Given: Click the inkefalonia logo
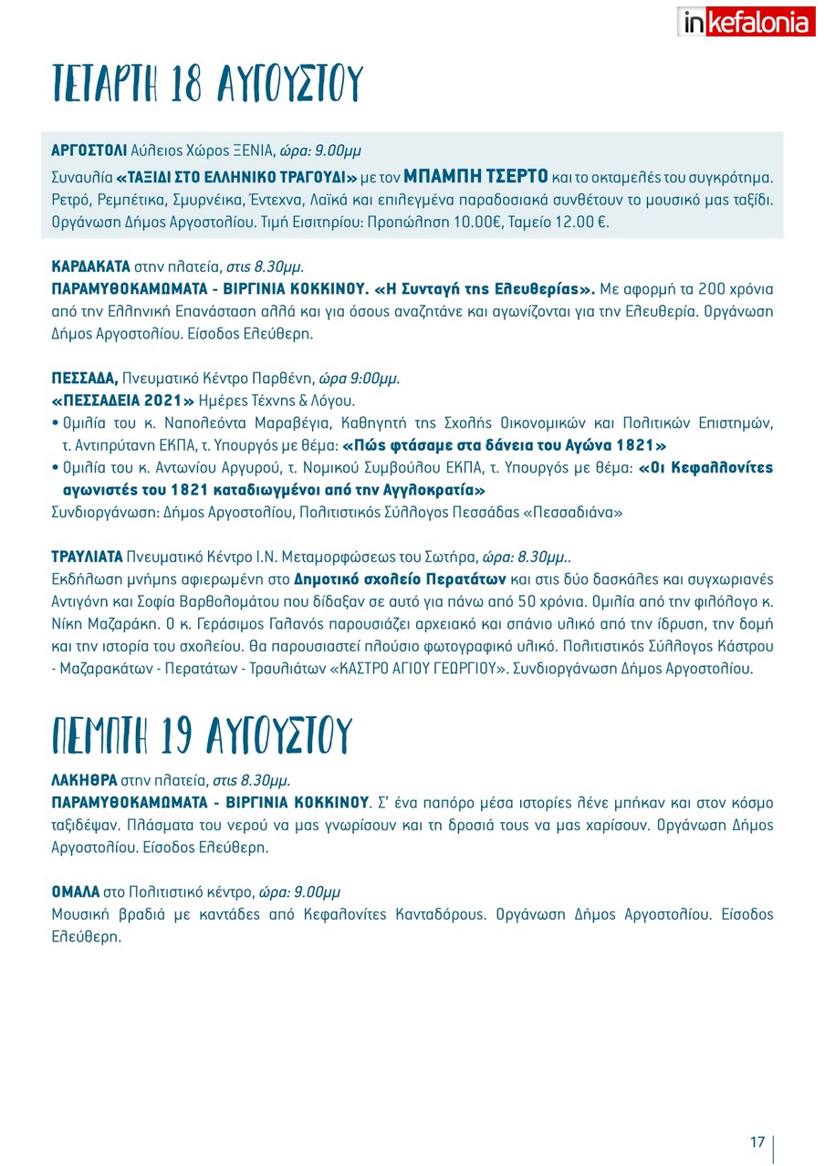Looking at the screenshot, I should [747, 21].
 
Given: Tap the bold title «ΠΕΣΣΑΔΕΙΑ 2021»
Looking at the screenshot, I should [123, 401].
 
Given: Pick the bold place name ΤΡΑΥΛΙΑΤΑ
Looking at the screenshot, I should [86, 557].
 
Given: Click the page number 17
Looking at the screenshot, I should [757, 1143].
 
